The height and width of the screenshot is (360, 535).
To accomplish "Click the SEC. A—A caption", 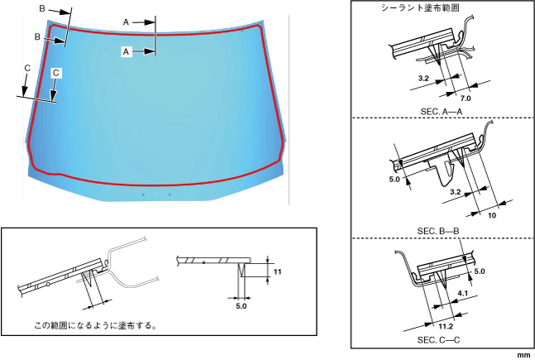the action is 442,112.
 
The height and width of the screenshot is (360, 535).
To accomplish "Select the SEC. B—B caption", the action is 438,231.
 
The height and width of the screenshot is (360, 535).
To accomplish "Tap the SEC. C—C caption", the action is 438,340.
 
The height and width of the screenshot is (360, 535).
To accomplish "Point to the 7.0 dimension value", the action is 466,98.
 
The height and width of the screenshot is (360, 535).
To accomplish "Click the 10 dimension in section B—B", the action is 492,215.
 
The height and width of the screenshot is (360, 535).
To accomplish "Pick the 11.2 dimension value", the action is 446,327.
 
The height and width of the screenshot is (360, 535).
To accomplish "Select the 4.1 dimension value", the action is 463,294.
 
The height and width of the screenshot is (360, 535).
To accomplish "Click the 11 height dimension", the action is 277,272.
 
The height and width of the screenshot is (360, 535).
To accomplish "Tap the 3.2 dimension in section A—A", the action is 423,79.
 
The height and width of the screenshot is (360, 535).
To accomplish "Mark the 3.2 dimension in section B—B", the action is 455,192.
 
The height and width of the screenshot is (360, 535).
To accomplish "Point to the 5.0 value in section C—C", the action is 480,271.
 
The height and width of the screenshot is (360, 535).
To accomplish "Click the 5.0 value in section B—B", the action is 394,180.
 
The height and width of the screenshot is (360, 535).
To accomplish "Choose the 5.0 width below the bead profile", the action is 241,306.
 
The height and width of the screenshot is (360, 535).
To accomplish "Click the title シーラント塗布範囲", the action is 420,7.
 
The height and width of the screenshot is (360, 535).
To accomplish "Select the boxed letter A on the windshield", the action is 127,52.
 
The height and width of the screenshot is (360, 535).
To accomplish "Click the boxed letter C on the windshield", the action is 56,73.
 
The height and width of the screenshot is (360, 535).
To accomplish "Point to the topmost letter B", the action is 42,8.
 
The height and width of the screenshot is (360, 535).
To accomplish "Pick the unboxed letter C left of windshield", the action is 27,69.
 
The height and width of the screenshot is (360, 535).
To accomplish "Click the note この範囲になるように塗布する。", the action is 96,325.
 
